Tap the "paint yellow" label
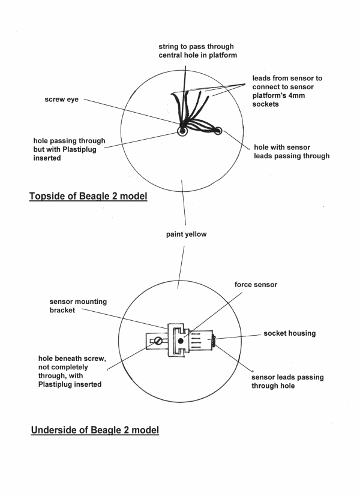(187, 234)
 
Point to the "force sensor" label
(257, 285)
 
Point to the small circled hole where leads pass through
(218, 131)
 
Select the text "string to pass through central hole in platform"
(196, 50)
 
